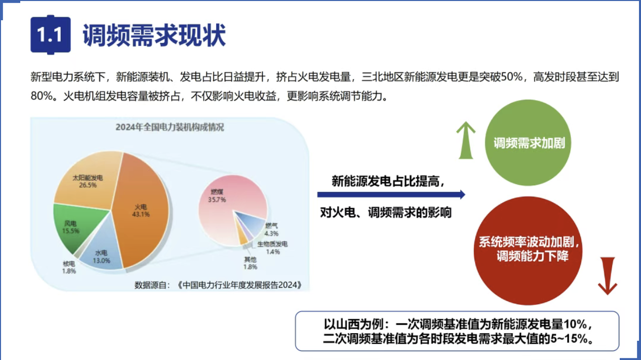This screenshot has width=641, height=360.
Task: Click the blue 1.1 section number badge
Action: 51,34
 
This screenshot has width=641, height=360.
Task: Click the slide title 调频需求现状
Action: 154,35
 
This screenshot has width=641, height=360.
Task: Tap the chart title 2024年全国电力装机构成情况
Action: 170,128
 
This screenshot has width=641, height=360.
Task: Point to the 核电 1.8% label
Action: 69,267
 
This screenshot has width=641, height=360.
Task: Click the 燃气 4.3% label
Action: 271,229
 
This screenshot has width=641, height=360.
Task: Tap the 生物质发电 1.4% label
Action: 272,248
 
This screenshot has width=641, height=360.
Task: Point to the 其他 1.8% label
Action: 251,263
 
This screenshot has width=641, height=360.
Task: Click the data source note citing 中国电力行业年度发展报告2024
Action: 218,285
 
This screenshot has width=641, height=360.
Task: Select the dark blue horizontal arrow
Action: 391,194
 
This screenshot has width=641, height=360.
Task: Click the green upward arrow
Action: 466,140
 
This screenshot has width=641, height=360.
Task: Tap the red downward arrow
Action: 607,276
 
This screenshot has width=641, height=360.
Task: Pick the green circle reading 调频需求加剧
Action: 528,142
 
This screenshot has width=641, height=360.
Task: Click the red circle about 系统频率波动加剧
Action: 528,251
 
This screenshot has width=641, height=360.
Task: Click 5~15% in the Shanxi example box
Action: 569,339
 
